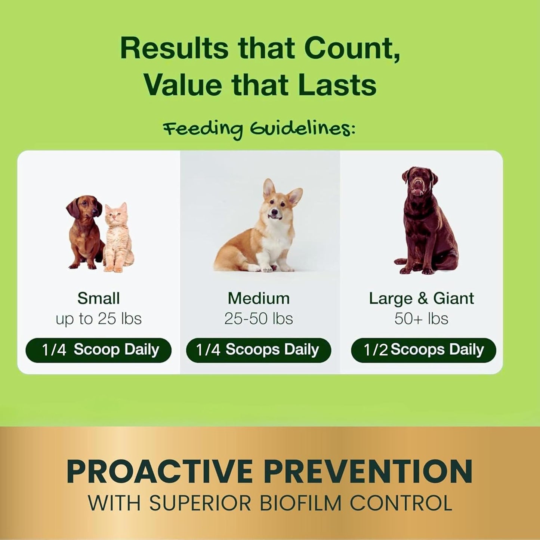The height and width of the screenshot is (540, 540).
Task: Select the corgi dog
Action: coord(262,232)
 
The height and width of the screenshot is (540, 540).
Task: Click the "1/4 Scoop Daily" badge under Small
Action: coord(98,350)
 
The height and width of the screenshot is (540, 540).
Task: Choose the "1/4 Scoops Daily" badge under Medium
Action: coord(258,350)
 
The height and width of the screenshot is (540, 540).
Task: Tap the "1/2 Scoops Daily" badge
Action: coord(423,350)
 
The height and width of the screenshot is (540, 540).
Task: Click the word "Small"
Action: coord(98,298)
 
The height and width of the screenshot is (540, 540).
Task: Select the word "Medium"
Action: coord(259,298)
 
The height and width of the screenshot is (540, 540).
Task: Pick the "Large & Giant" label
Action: coord(421,298)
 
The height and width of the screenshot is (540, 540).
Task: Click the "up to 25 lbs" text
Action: coord(98,319)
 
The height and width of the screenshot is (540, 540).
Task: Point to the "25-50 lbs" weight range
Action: coord(259,319)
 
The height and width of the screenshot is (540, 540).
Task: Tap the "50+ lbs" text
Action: coord(421,319)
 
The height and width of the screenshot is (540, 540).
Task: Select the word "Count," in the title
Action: coord(352,49)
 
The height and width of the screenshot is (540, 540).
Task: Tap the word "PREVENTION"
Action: coord(368,472)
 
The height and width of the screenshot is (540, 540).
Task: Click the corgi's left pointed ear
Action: coord(268,189)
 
